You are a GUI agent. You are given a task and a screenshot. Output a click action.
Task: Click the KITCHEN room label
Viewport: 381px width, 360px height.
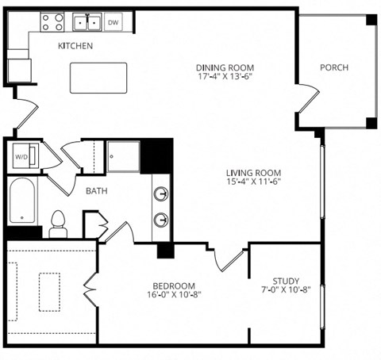pyautogui.click(x=75, y=46)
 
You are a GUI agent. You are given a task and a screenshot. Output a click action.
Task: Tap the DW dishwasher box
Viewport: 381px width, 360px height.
pyautogui.click(x=114, y=22)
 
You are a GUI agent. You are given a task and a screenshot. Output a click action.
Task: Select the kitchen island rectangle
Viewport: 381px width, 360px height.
pyautogui.click(x=98, y=79)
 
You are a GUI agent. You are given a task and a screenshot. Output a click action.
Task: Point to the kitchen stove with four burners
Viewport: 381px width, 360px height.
pyautogui.click(x=52, y=21)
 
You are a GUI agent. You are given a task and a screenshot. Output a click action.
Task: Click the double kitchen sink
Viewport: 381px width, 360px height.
pyautogui.click(x=87, y=21)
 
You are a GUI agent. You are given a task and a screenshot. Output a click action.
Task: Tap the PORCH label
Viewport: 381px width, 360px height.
pyautogui.click(x=333, y=67)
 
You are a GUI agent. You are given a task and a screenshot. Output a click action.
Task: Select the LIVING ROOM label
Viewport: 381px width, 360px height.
pyautogui.click(x=254, y=172)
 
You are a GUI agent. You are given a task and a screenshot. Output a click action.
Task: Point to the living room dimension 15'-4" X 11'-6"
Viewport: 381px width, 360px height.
pyautogui.click(x=254, y=182)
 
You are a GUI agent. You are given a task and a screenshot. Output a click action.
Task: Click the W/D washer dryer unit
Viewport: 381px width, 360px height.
pyautogui.click(x=22, y=155)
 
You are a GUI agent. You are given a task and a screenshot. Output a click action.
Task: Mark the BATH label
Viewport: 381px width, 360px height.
pyautogui.click(x=98, y=190)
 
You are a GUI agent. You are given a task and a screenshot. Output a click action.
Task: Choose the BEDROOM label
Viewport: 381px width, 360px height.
pyautogui.click(x=174, y=285)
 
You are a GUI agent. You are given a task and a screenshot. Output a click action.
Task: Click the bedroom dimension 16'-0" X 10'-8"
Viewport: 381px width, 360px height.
pyautogui.click(x=174, y=296)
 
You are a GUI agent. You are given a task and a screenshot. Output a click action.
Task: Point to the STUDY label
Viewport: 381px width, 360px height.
pyautogui.click(x=285, y=280)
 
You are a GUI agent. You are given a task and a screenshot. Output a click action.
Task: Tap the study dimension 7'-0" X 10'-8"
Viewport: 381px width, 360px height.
pyautogui.click(x=285, y=290)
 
